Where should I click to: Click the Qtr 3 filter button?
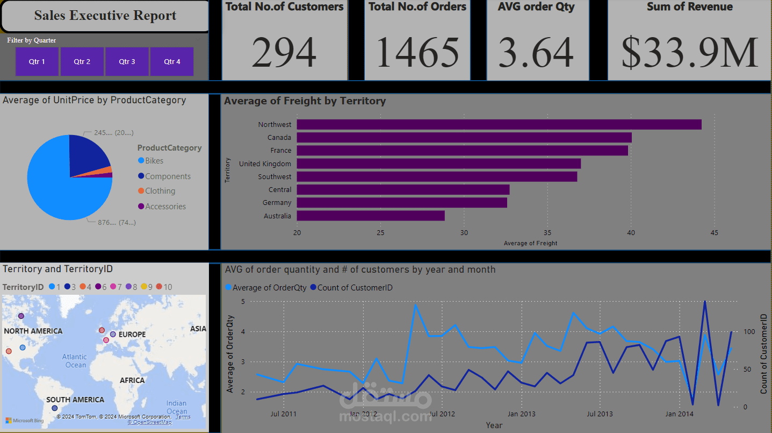click(x=127, y=62)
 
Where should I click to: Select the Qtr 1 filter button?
click(x=37, y=62)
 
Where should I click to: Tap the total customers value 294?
click(x=284, y=53)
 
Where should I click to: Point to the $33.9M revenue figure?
click(x=689, y=53)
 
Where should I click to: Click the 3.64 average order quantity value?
click(x=536, y=53)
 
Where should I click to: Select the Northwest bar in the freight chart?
click(x=499, y=124)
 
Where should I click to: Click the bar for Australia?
click(x=371, y=216)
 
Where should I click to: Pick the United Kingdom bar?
click(x=438, y=164)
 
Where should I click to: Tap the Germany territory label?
click(x=277, y=203)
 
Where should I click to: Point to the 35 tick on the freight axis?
click(x=547, y=233)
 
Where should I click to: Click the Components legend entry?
click(x=168, y=176)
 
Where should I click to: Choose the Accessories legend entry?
click(x=165, y=207)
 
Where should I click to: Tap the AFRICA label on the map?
click(x=132, y=380)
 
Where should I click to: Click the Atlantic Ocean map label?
click(x=75, y=361)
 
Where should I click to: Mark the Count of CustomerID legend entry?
click(x=355, y=288)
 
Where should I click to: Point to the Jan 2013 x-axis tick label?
click(x=521, y=414)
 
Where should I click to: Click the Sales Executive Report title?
click(x=105, y=16)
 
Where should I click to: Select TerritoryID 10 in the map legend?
click(x=164, y=287)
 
